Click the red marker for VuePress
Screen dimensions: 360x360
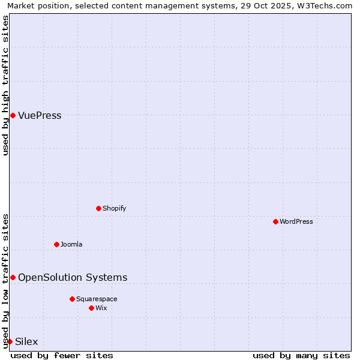pyautogui.click(x=13, y=115)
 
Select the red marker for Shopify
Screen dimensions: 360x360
pyautogui.click(x=99, y=208)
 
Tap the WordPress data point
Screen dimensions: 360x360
pyautogui.click(x=276, y=221)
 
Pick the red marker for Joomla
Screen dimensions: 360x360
pyautogui.click(x=57, y=244)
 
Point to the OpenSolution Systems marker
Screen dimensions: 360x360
pyautogui.click(x=13, y=277)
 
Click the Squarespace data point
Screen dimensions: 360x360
pyautogui.click(x=72, y=299)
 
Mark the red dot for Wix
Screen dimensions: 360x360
pyautogui.click(x=91, y=308)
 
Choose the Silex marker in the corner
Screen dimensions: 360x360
pyautogui.click(x=10, y=341)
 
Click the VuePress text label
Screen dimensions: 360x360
pyautogui.click(x=40, y=115)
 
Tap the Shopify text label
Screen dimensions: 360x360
pyautogui.click(x=114, y=208)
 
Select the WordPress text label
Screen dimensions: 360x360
pyautogui.click(x=296, y=221)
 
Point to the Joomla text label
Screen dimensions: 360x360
pyautogui.click(x=71, y=244)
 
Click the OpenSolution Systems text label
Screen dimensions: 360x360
pyautogui.click(x=73, y=277)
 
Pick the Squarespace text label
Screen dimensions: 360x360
pyautogui.click(x=97, y=299)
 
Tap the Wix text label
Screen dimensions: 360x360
pyautogui.click(x=101, y=308)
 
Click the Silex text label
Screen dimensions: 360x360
pyautogui.click(x=26, y=341)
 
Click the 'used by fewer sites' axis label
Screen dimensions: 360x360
pyautogui.click(x=62, y=355)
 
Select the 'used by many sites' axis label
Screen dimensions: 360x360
pyautogui.click(x=301, y=355)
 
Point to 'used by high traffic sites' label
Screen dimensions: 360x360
pyautogui.click(x=5, y=85)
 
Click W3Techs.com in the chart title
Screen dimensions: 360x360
pyautogui.click(x=325, y=5)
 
